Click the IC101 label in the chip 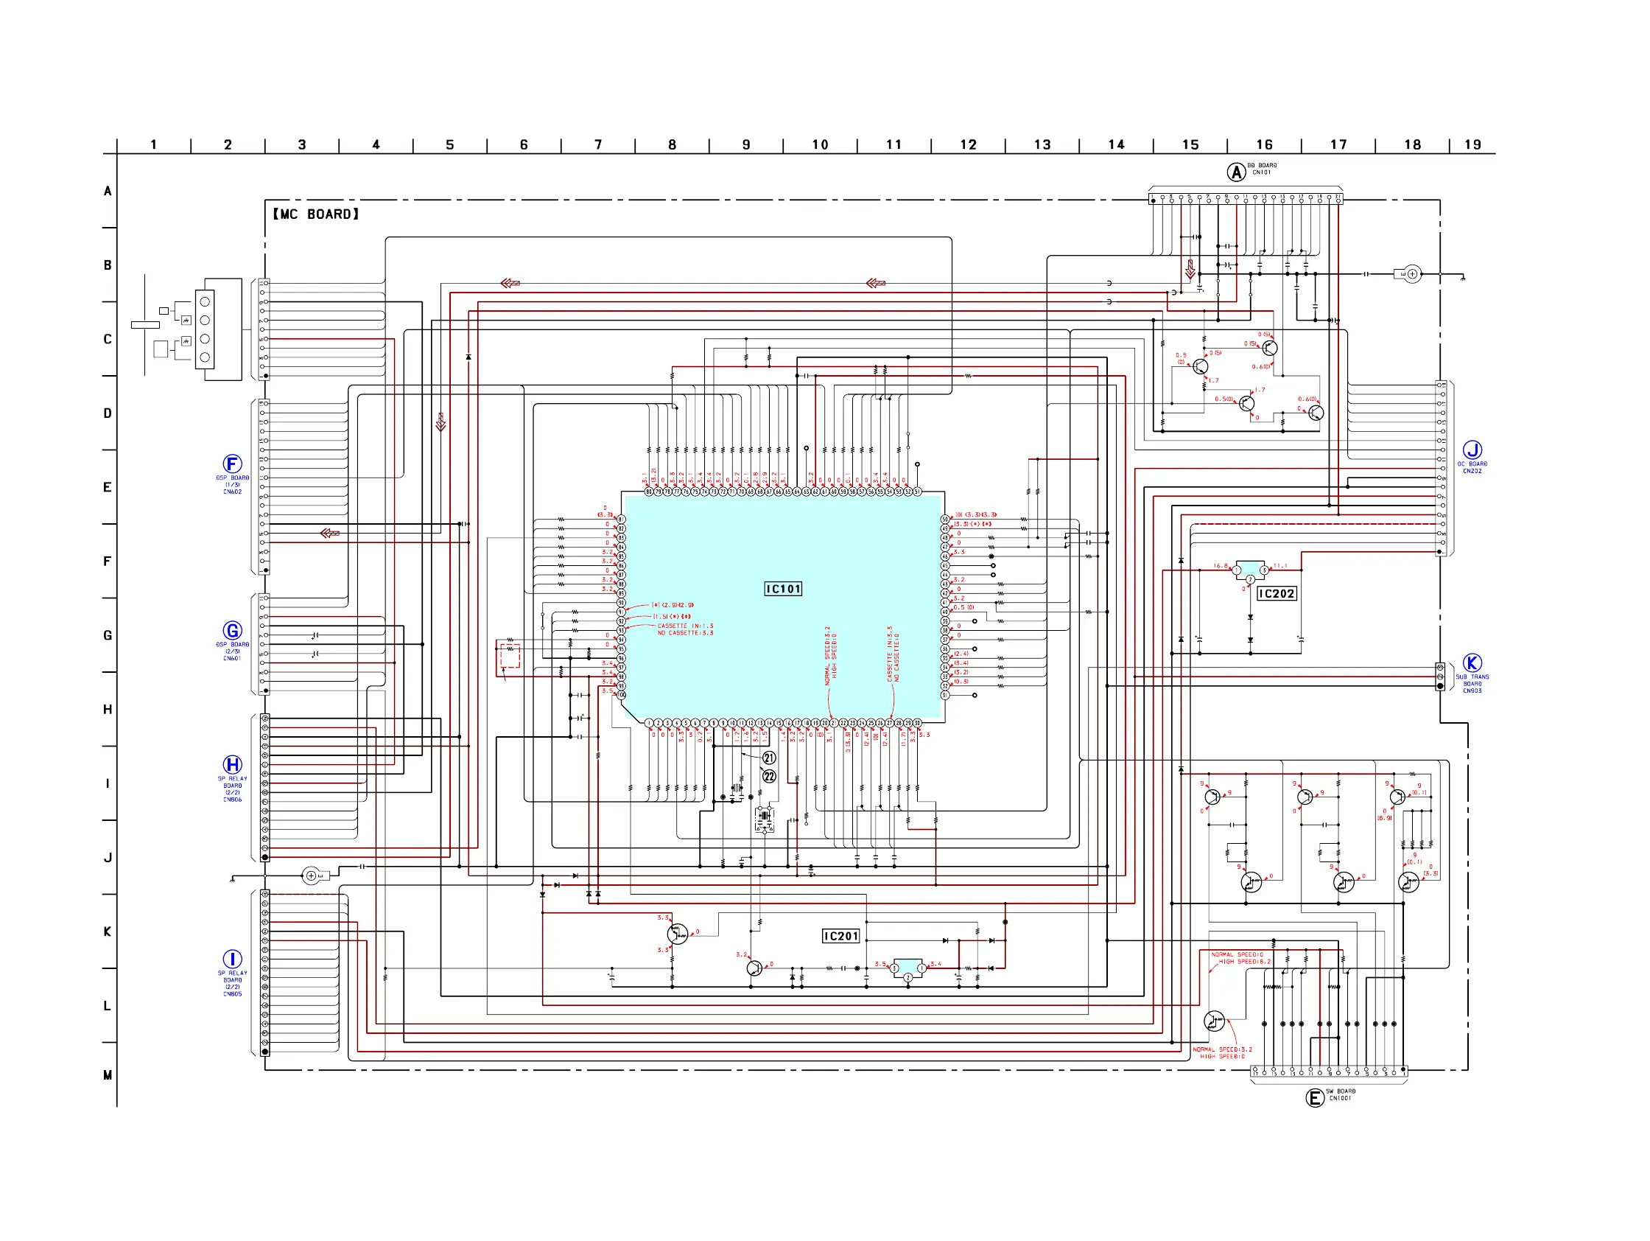coord(782,589)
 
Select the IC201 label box coord(840,936)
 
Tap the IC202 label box coord(1277,593)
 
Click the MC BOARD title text coord(315,214)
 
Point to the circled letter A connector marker coord(1236,172)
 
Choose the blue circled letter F coord(232,464)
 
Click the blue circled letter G coord(232,631)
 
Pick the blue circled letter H coord(232,764)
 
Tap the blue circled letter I coord(232,959)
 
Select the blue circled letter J coord(1472,450)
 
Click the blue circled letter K coord(1472,663)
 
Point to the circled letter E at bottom coord(1314,1097)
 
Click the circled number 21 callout coord(769,758)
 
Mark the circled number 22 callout coord(769,776)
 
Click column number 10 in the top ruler coord(820,144)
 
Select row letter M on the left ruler coord(108,1075)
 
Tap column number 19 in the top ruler coord(1472,144)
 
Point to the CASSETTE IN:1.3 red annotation coord(685,626)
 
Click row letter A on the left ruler coord(108,191)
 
